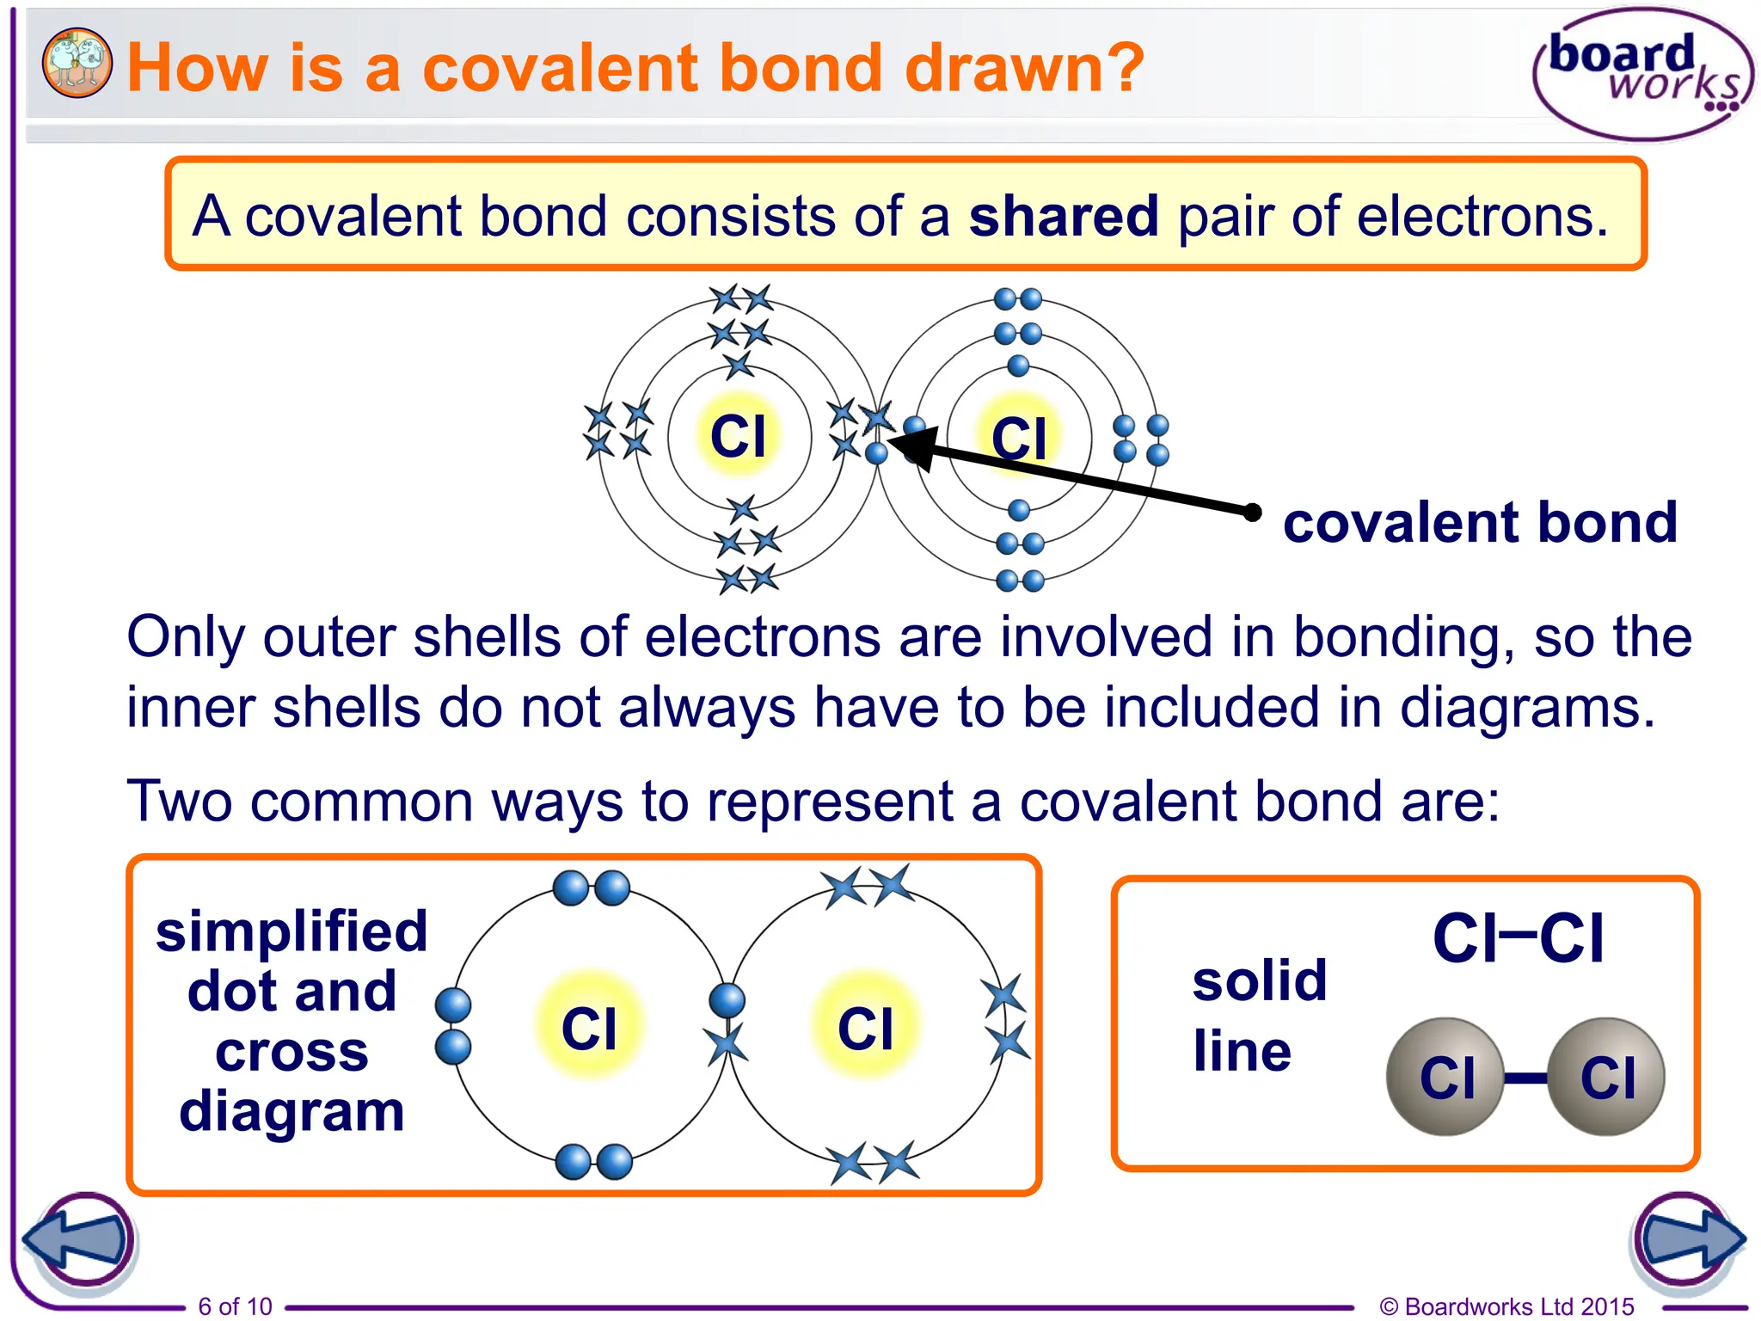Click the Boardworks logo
click(x=1642, y=74)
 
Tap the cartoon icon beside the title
click(x=77, y=62)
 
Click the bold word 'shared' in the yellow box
click(x=1064, y=215)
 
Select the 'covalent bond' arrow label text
click(x=1480, y=522)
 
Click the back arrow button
click(x=79, y=1240)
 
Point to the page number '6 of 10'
click(x=235, y=1306)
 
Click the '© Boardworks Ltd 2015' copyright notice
click(x=1506, y=1306)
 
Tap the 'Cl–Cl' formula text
click(x=1518, y=937)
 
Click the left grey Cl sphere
click(x=1445, y=1077)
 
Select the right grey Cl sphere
click(x=1606, y=1077)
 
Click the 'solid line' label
click(x=1259, y=1015)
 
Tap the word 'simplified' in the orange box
click(x=291, y=931)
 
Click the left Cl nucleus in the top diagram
click(x=738, y=436)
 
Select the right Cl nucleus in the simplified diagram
click(x=866, y=1028)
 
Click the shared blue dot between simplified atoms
click(x=727, y=1000)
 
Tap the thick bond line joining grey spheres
click(x=1526, y=1078)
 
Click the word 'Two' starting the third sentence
click(x=179, y=801)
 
